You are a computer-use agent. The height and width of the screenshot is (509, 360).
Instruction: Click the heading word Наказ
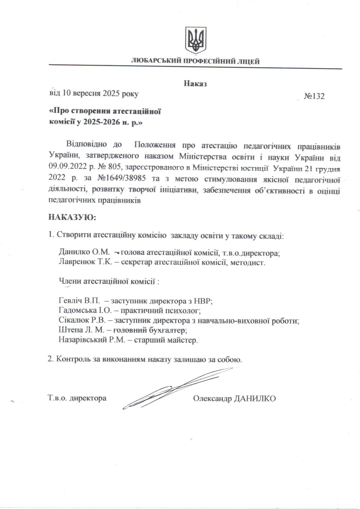tap(195, 83)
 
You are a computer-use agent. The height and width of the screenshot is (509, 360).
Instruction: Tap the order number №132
tap(314, 96)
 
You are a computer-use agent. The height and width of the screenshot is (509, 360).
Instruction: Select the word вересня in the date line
tap(85, 93)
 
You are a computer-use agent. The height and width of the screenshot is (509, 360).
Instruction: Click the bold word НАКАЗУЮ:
tap(73, 217)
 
